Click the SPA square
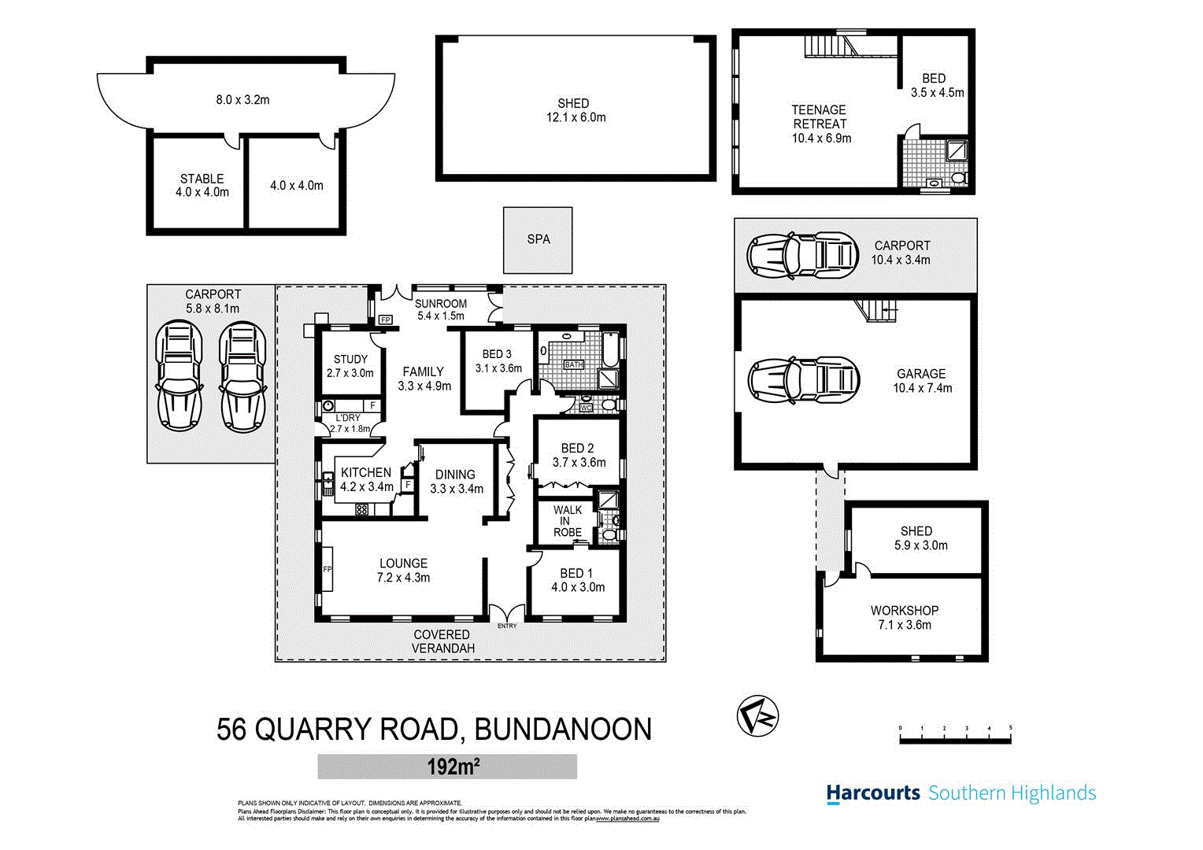(x=538, y=240)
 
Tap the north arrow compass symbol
(x=757, y=716)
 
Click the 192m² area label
(x=447, y=767)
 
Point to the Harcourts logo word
(x=872, y=793)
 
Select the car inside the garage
(x=803, y=382)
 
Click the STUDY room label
(x=350, y=359)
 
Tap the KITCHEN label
(x=365, y=472)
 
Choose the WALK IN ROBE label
(x=567, y=521)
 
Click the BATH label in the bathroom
(x=573, y=364)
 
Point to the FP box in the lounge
(x=328, y=569)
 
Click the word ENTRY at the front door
(x=507, y=626)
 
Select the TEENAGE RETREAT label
(x=820, y=117)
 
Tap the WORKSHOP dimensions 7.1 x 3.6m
(x=905, y=625)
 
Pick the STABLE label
(x=202, y=179)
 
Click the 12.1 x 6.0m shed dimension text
(x=576, y=118)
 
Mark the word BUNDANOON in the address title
(x=563, y=730)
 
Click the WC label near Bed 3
(x=585, y=408)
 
